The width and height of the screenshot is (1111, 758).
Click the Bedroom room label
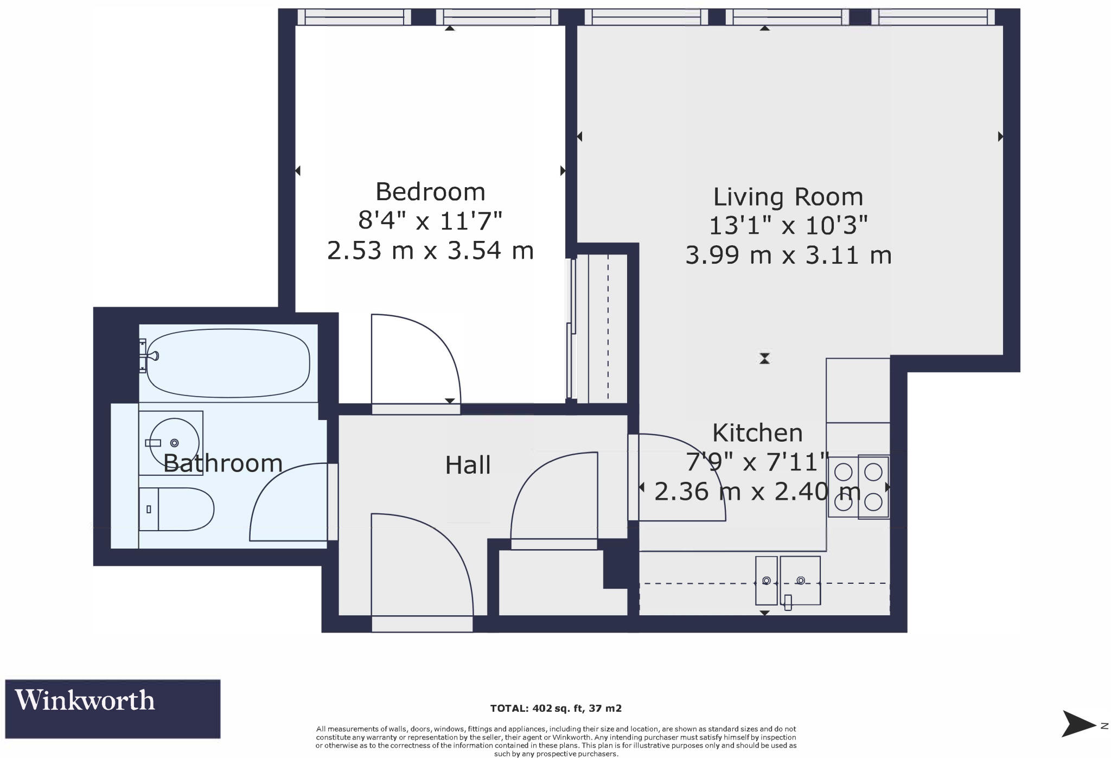pos(430,192)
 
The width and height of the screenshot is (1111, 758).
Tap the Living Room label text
pos(788,197)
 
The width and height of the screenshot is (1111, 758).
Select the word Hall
pos(468,466)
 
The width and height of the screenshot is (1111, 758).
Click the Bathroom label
pos(222,463)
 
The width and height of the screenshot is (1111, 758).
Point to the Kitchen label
pos(757,433)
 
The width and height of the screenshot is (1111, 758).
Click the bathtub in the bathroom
pos(228,362)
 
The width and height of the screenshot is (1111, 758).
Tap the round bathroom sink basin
pos(174,443)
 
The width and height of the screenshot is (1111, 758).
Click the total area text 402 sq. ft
pos(555,708)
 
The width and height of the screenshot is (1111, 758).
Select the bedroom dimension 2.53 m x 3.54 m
pos(430,251)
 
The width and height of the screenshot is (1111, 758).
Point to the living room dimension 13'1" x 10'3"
pos(788,225)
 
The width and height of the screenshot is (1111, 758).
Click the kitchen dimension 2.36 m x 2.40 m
pos(757,492)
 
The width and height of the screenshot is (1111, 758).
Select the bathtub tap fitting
pos(151,356)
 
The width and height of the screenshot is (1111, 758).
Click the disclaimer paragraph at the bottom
pos(555,741)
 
